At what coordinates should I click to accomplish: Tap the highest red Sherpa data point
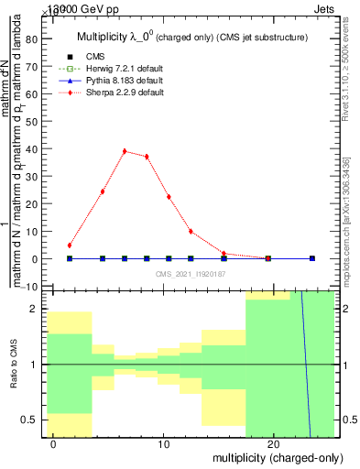[x=125, y=151]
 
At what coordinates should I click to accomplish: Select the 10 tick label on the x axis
[x=164, y=445]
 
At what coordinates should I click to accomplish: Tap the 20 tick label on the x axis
[x=273, y=445]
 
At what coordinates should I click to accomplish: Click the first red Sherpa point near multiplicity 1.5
[x=70, y=245]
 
